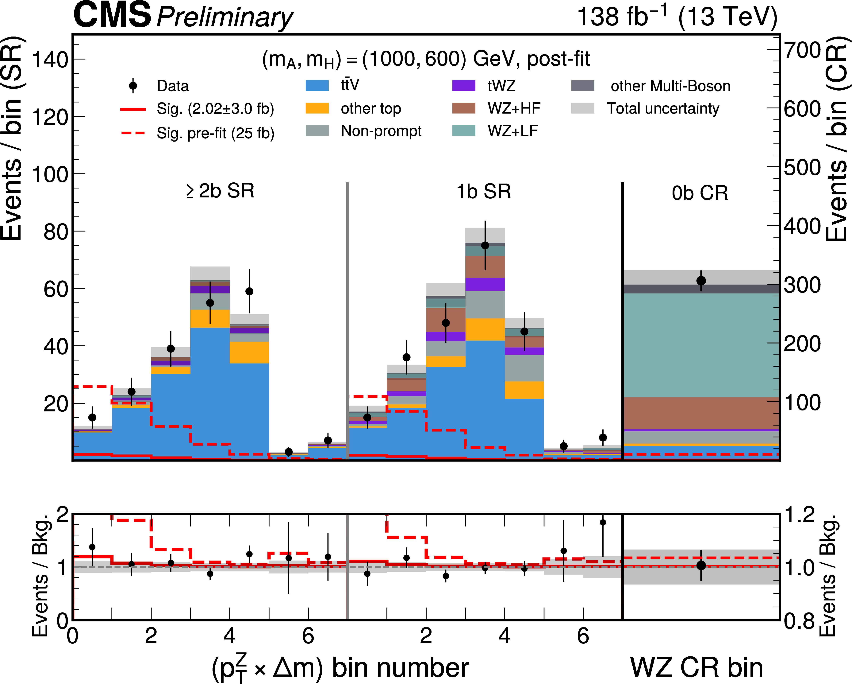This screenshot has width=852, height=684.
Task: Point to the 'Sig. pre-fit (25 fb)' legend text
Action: tap(215, 133)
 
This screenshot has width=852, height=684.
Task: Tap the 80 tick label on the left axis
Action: tap(56, 232)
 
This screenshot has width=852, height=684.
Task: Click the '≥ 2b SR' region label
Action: tap(220, 191)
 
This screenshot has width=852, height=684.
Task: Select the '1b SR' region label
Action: tap(484, 192)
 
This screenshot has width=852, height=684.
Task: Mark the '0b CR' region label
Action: tap(700, 193)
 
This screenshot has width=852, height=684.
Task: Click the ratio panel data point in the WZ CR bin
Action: tap(701, 565)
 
